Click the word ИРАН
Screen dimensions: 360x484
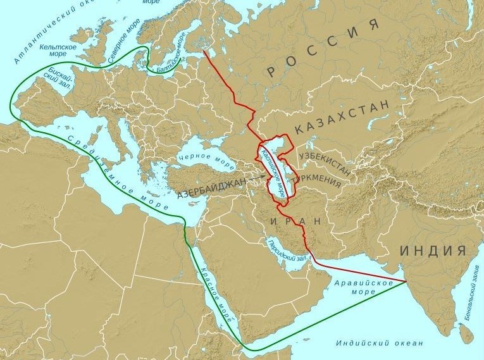295,221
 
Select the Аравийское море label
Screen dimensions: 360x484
358,287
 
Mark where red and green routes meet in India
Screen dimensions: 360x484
406,281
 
